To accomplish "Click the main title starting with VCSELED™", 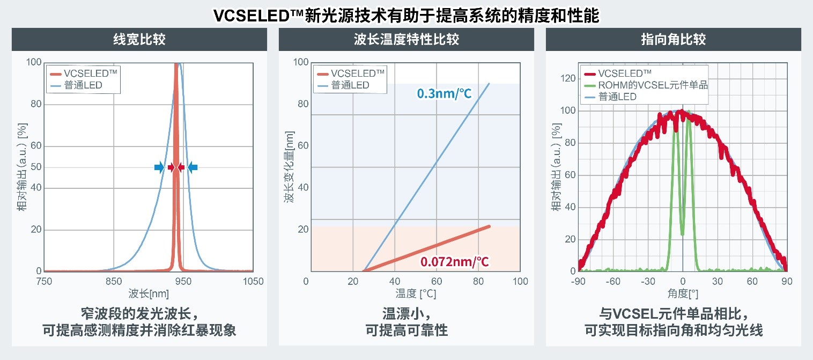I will (x=406, y=15).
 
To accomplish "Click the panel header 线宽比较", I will (x=139, y=39).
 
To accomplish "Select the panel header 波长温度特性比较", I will (x=406, y=39).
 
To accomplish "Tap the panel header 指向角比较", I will (x=673, y=39).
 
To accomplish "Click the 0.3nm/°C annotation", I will (x=445, y=94).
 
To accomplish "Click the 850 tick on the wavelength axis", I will (x=114, y=281).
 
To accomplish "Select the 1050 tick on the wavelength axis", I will (x=253, y=281).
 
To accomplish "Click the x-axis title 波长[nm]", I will (x=149, y=293).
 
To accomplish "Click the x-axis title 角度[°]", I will (x=682, y=293).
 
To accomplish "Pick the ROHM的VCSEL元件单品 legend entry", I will (x=653, y=85).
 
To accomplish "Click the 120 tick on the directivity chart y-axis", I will (x=568, y=79).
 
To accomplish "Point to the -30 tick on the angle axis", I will (x=647, y=281).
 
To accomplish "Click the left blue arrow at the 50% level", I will (x=159, y=168).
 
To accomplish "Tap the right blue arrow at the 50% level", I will (x=193, y=168).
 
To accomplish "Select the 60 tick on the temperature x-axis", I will (x=437, y=281).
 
